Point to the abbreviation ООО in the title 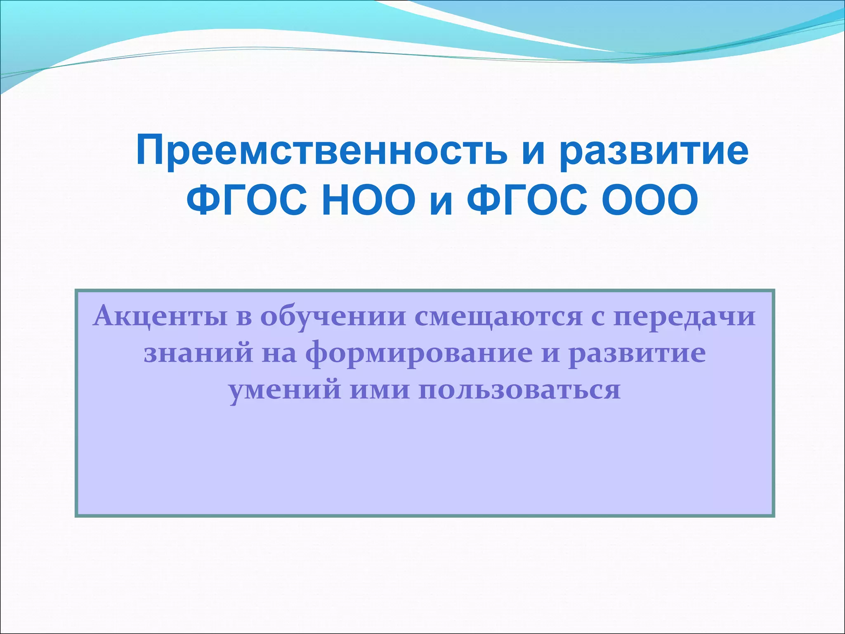coord(650,201)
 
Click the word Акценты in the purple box coord(160,317)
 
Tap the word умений coord(285,390)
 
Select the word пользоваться coord(519,390)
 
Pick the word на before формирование coord(280,354)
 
